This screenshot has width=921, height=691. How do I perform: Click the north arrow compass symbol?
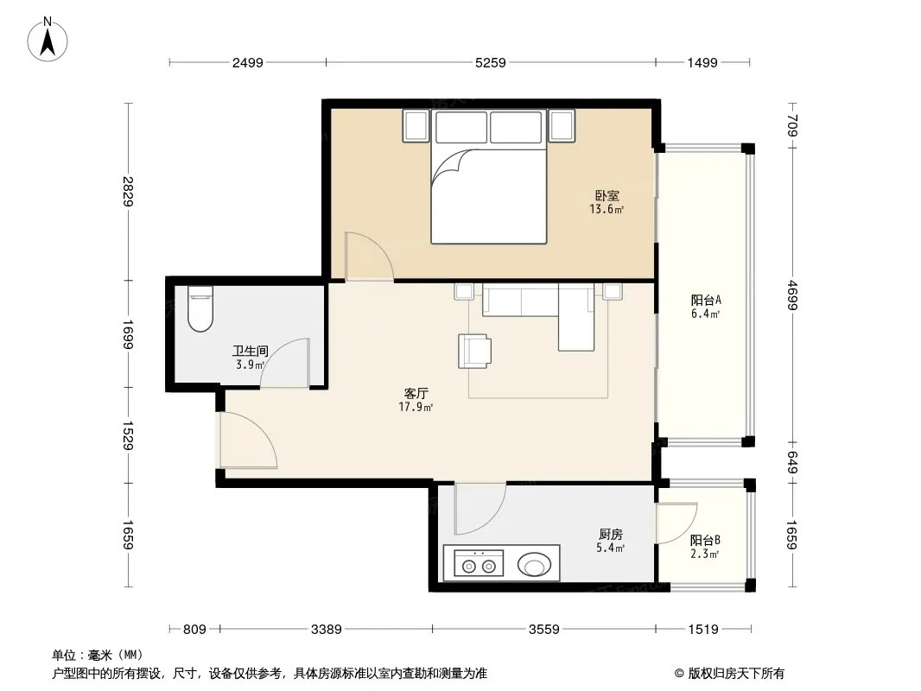(x=48, y=40)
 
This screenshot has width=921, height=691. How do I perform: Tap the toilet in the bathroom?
(x=200, y=309)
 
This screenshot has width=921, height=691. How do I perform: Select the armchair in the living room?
(x=474, y=351)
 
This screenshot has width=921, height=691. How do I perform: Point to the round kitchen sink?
(x=535, y=566)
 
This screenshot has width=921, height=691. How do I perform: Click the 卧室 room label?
(x=607, y=195)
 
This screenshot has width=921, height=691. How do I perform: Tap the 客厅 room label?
(x=416, y=393)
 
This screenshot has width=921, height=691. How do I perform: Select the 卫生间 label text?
(x=251, y=351)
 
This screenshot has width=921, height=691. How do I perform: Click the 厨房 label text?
(x=611, y=535)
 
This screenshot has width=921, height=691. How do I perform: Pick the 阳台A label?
(x=706, y=300)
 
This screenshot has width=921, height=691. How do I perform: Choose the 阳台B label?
(x=705, y=540)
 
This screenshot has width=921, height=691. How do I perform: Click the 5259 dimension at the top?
(x=491, y=63)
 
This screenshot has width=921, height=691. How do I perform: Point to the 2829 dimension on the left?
(x=128, y=192)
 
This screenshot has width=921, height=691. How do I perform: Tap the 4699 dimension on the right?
(x=792, y=295)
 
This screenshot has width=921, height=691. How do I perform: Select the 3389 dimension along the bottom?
(x=326, y=630)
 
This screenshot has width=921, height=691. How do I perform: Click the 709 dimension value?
(x=792, y=125)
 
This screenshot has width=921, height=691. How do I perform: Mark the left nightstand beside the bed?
(x=416, y=125)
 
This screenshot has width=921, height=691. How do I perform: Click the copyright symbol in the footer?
(x=679, y=674)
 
